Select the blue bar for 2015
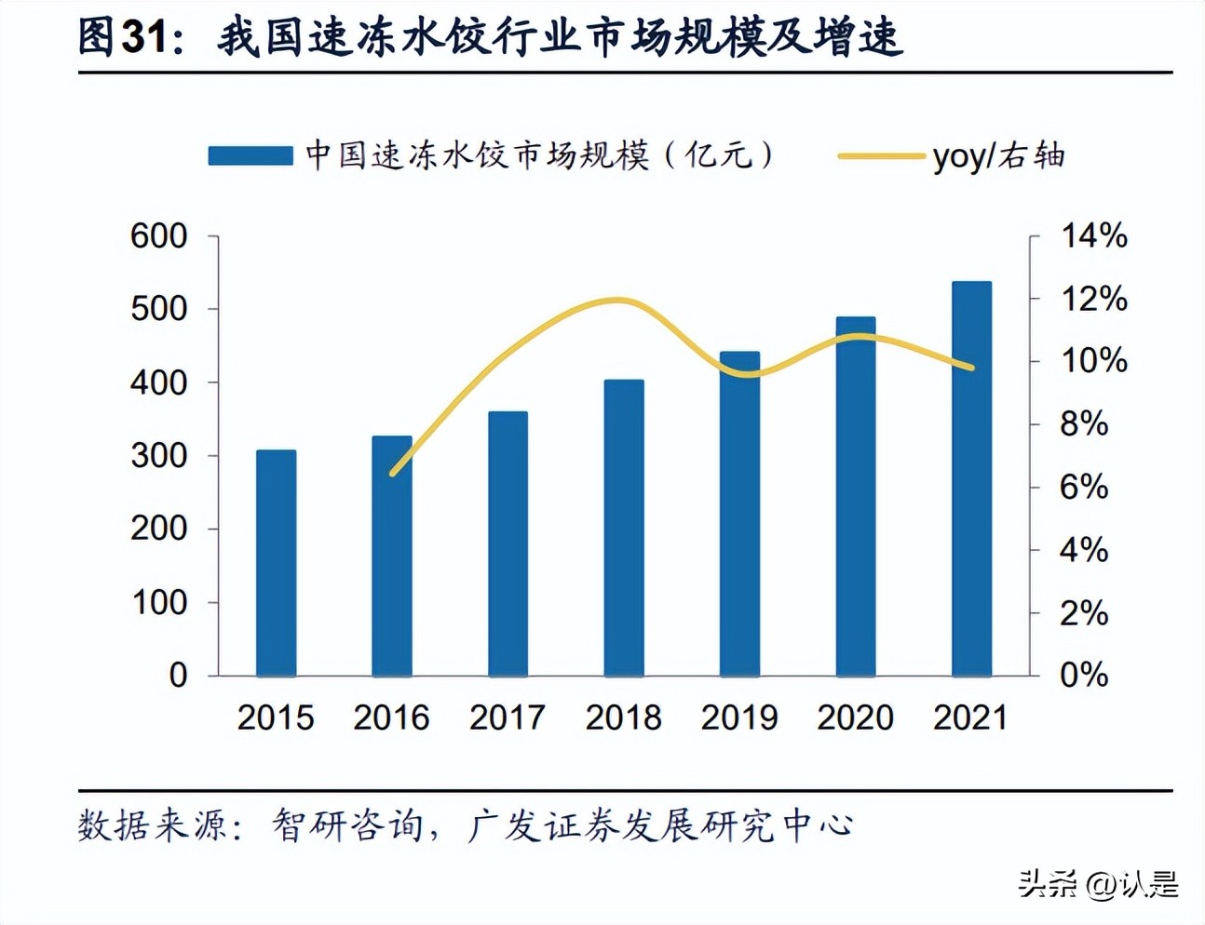(x=276, y=563)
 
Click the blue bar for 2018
(x=623, y=528)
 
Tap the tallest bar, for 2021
(x=971, y=478)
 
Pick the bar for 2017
(x=508, y=543)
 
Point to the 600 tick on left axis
(x=158, y=236)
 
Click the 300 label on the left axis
(x=158, y=456)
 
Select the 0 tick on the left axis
(x=178, y=676)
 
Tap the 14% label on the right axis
(x=1093, y=236)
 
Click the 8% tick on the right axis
(x=1083, y=424)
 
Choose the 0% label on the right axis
(x=1083, y=675)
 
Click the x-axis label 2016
(x=391, y=717)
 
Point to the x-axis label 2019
(x=739, y=717)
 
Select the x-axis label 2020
(x=855, y=717)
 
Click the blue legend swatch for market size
(x=250, y=155)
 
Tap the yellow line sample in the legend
(x=881, y=156)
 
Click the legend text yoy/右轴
(x=998, y=156)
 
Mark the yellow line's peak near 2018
(x=619, y=300)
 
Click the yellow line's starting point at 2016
(x=392, y=473)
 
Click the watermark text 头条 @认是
(x=1098, y=883)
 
